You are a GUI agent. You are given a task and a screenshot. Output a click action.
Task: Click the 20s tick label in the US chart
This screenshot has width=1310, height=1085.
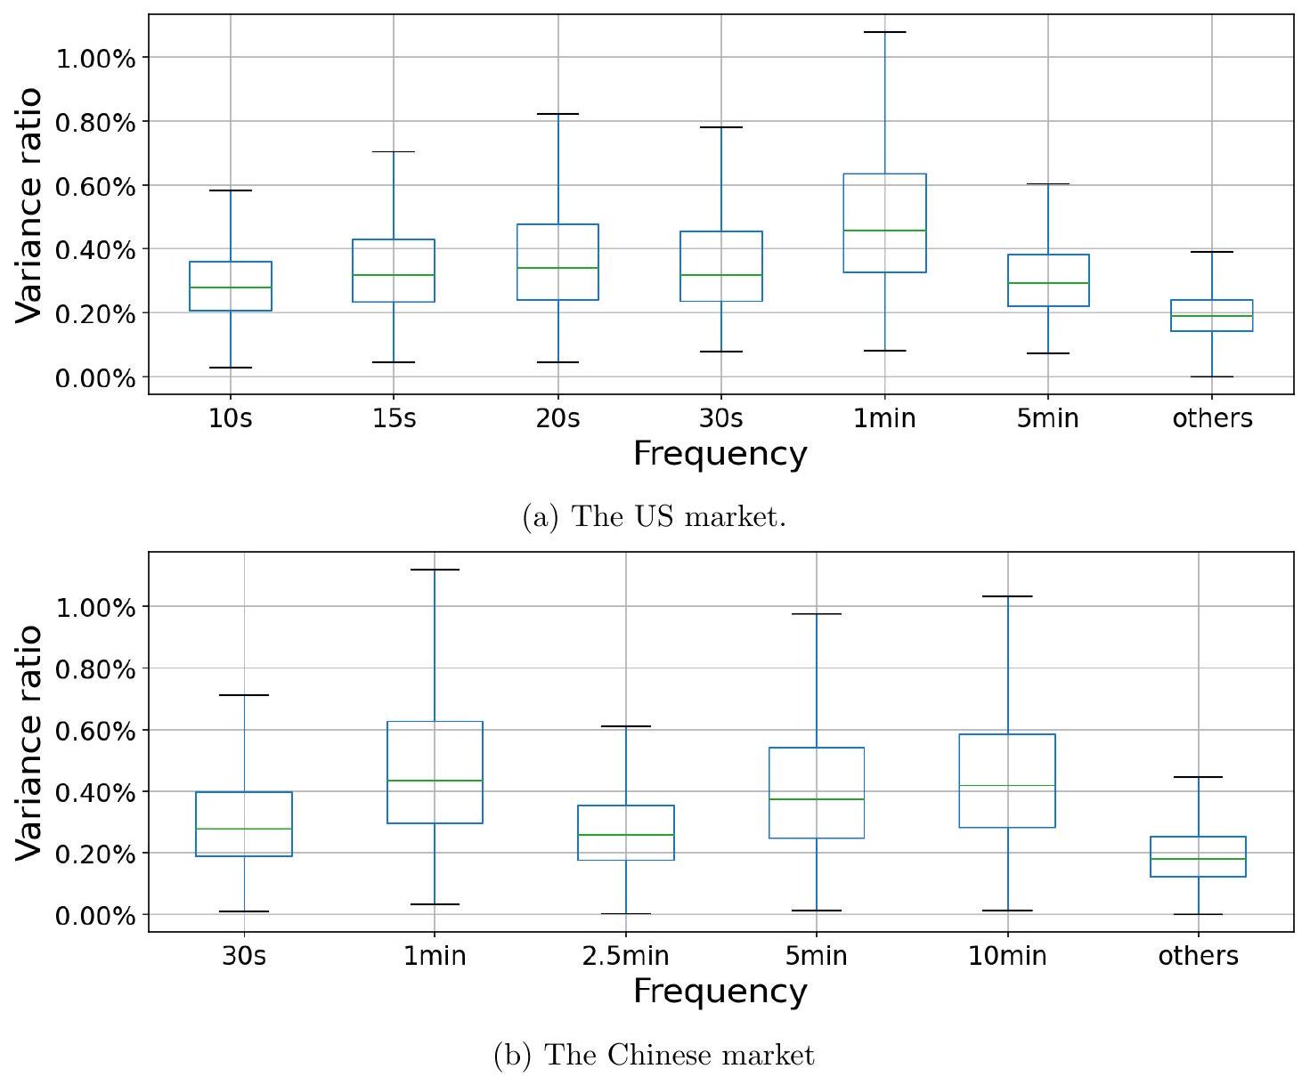[557, 418]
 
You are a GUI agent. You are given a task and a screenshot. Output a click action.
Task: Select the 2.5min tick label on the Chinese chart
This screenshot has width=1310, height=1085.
[625, 956]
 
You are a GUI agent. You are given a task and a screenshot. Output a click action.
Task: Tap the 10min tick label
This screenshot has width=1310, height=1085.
[1007, 956]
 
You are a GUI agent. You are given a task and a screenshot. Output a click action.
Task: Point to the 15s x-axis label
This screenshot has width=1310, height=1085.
[394, 418]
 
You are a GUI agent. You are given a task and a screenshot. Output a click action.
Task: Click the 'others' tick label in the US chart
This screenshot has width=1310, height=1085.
[1212, 418]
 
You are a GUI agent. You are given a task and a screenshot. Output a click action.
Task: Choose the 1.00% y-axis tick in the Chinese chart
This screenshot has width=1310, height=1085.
[95, 608]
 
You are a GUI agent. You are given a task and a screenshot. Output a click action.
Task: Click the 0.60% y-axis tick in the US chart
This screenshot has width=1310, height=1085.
[95, 187]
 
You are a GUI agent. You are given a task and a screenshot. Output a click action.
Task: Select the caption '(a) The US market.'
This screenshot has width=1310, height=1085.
[654, 517]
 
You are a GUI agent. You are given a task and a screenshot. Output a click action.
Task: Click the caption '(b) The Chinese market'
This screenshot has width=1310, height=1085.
[654, 1056]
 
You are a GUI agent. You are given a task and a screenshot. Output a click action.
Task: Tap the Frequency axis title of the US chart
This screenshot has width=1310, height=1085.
[720, 454]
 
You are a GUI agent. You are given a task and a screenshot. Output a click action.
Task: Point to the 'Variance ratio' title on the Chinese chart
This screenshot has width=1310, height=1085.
[28, 742]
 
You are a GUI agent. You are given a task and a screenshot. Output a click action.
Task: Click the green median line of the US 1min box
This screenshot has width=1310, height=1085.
[884, 231]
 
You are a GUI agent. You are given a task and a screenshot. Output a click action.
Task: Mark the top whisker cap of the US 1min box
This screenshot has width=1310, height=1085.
[884, 32]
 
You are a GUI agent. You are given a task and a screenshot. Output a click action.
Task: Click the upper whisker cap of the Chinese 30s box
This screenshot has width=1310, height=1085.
[244, 695]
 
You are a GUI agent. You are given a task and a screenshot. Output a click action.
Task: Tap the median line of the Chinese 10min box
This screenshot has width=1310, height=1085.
[1007, 785]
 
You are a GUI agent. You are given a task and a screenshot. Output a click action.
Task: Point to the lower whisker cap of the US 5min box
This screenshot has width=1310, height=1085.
[1048, 353]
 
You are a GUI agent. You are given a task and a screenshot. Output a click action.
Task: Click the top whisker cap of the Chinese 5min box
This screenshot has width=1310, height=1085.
[817, 614]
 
